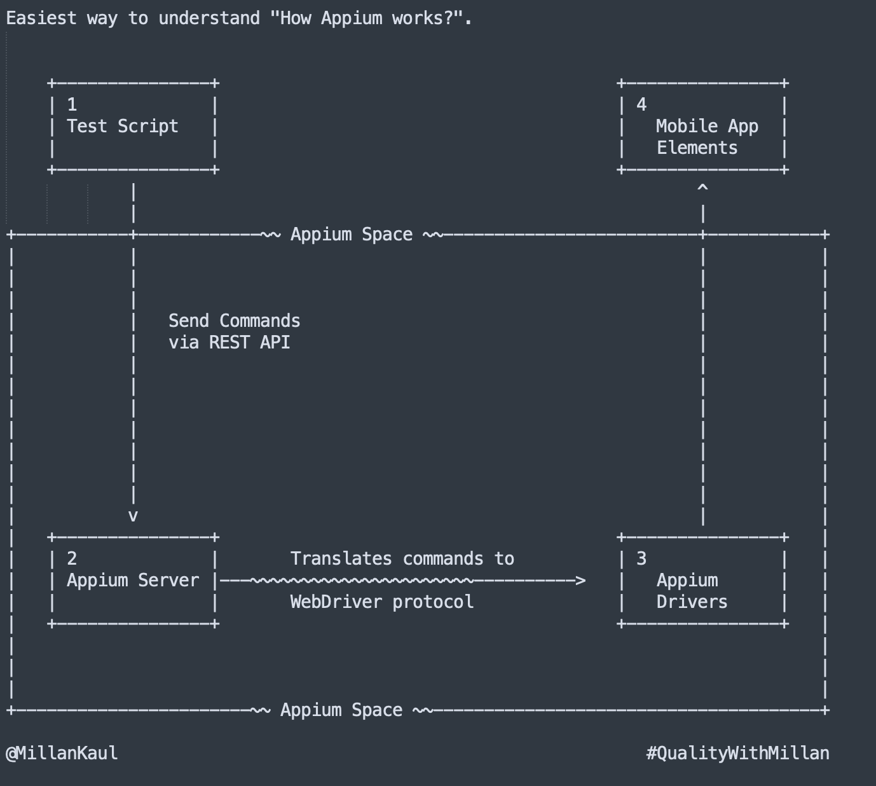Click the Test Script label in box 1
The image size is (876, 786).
[x=123, y=127]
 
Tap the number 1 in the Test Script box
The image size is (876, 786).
[x=72, y=104]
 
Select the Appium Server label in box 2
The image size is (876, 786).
[x=133, y=581]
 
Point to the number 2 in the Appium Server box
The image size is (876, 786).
[x=72, y=558]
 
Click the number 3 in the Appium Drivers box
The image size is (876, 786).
[x=641, y=558]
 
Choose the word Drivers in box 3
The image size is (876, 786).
[x=692, y=602]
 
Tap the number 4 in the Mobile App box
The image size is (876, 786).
[x=641, y=104]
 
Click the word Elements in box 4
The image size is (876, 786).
[x=697, y=148]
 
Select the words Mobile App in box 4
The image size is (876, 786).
[x=707, y=127]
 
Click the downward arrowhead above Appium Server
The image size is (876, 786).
[x=133, y=516]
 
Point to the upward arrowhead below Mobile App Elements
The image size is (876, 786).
[x=702, y=188]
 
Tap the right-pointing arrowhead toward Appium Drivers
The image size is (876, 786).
[x=580, y=581]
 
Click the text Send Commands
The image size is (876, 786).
[x=234, y=321]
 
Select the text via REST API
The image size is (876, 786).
[x=229, y=343]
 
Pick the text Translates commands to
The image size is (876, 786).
[x=402, y=559]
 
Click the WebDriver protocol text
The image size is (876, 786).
[x=381, y=602]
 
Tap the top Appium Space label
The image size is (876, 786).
[x=351, y=235]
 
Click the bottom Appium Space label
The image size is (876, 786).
[x=341, y=710]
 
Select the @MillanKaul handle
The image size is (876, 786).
[x=62, y=754]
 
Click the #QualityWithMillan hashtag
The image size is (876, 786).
[x=737, y=754]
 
